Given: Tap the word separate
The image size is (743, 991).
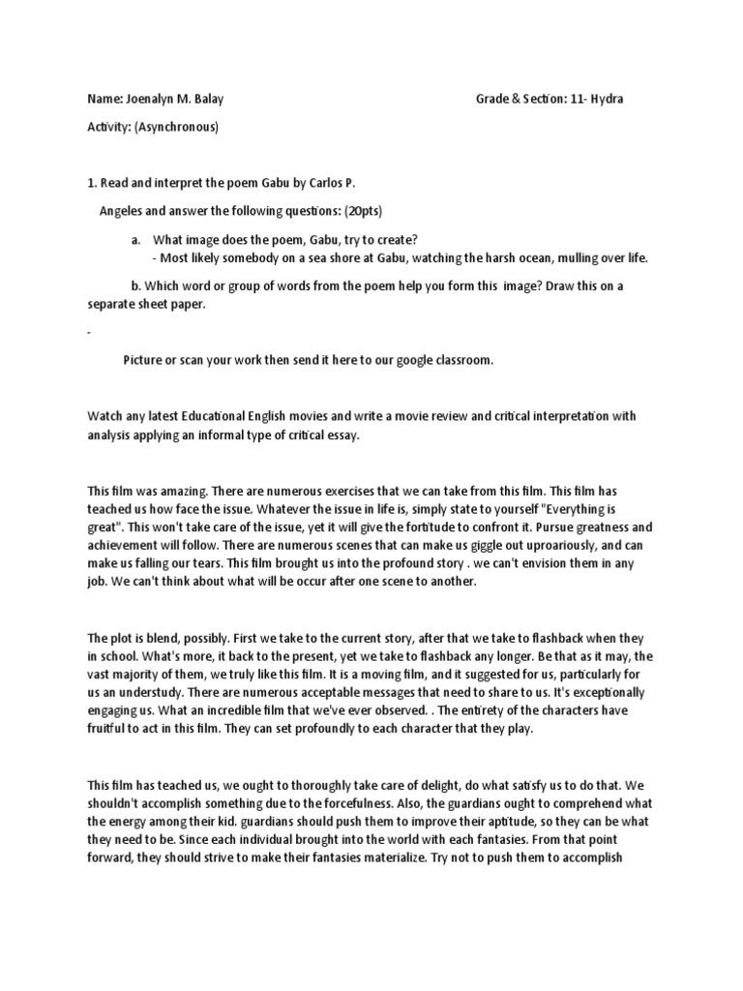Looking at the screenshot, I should point(111,305).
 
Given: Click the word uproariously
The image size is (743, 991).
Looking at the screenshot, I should point(513,547).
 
